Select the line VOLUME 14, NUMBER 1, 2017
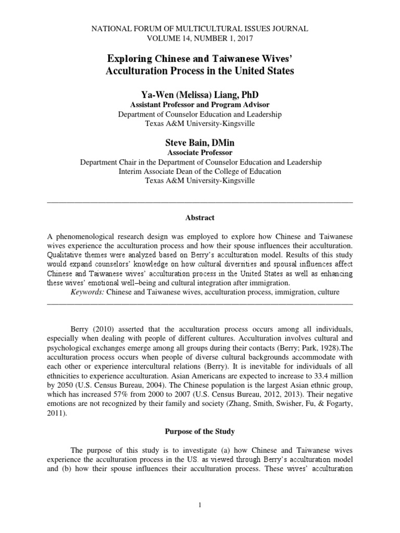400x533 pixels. pos(200,38)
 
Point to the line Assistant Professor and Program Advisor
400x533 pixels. pos(200,104)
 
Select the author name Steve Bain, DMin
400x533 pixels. pos(200,142)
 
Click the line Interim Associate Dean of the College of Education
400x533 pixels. pos(200,171)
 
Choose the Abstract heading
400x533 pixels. pos(200,218)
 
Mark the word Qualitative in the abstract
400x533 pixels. pos(65,255)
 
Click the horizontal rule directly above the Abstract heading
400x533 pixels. pos(200,201)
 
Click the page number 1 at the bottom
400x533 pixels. pos(200,519)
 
